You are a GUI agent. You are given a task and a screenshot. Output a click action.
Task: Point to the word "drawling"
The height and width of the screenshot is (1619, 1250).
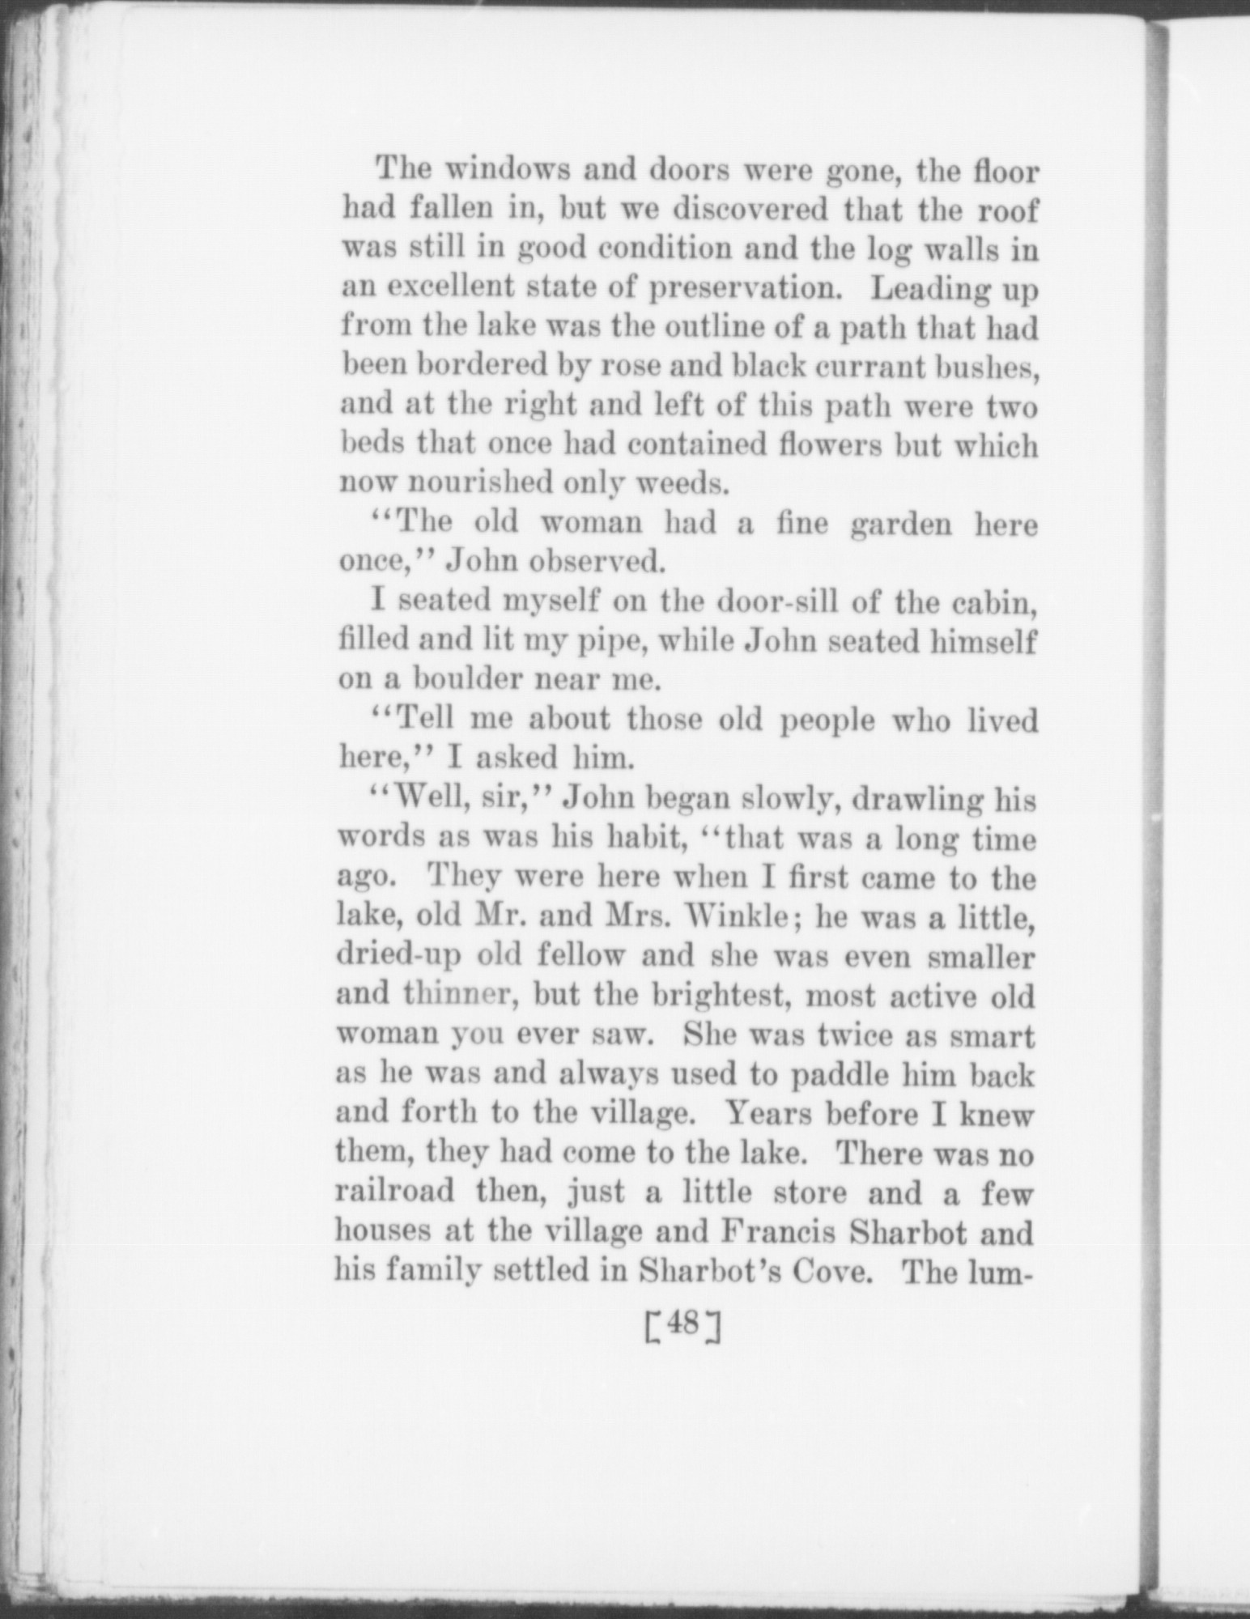tap(920, 800)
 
